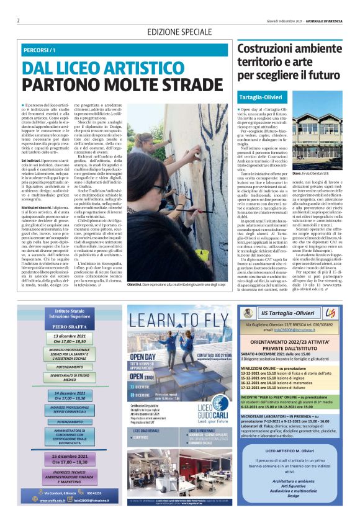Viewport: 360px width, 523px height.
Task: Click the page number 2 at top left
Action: [x=18, y=20]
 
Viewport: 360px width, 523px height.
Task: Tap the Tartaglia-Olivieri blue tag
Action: [x=261, y=98]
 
